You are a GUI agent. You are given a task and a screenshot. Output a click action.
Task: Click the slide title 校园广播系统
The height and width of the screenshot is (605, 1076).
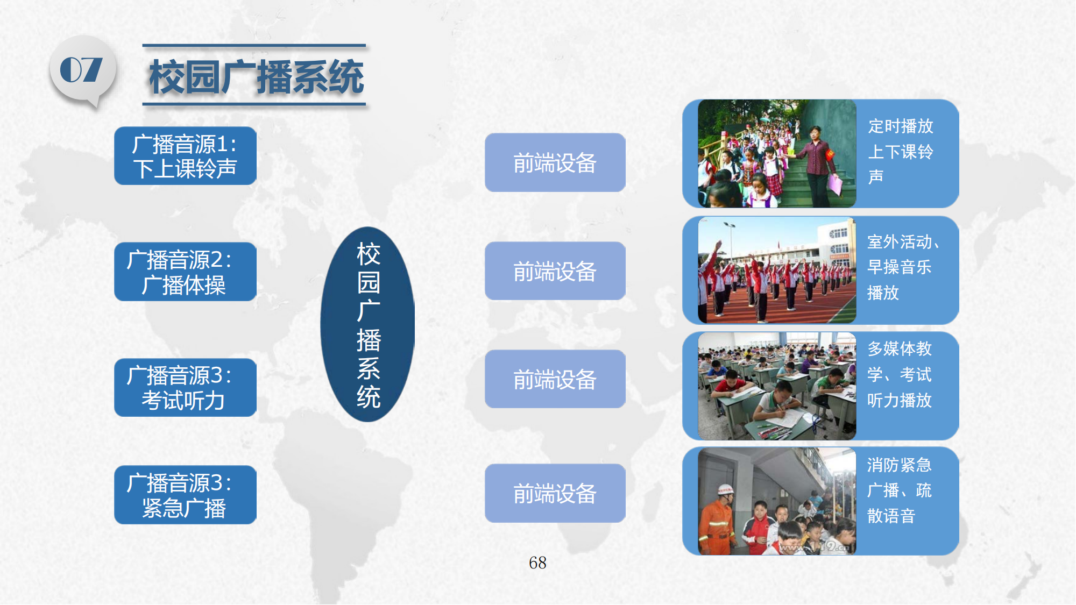coord(257,77)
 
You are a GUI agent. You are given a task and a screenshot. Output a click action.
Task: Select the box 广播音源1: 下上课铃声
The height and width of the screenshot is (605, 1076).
coord(185,156)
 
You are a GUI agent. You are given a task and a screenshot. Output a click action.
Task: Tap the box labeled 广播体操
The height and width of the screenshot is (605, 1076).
coord(185,272)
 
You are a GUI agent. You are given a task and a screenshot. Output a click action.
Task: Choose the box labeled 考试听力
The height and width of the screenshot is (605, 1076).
coord(185,387)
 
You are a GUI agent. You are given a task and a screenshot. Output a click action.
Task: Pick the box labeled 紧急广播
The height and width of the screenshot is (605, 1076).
coord(185,495)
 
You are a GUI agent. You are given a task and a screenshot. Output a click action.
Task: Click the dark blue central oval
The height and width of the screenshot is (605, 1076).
coord(368,324)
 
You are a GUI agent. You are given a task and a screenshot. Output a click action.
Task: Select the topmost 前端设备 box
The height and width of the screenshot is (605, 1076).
coord(555,162)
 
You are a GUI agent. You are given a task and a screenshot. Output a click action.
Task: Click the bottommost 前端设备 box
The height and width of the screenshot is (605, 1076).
coord(555,493)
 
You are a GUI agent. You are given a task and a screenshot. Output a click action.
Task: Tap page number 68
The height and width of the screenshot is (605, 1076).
coord(537,563)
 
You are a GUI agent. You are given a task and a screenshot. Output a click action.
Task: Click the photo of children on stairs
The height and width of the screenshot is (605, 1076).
coord(777,154)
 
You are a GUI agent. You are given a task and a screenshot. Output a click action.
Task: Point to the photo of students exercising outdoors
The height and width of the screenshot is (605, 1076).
coord(777,270)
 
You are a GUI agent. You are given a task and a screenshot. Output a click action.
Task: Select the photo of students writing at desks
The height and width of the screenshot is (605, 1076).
coord(777,386)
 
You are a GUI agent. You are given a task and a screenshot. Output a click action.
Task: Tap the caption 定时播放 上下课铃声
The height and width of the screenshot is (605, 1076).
coord(900,151)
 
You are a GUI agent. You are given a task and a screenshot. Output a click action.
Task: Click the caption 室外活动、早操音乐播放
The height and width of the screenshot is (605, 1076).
coord(903,267)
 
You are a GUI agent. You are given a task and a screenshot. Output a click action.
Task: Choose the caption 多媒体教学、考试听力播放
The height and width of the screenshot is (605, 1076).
coord(899,374)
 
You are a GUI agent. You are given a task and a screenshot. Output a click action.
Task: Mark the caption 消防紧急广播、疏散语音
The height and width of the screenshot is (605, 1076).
coord(899,490)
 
